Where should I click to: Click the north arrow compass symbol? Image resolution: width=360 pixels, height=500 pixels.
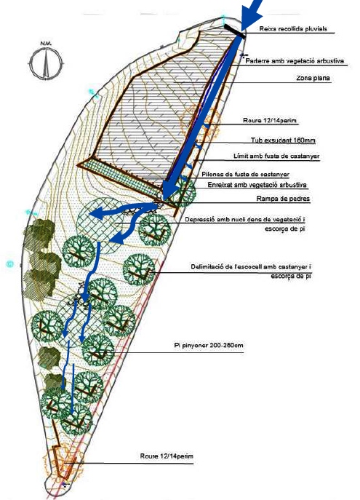pyautogui.click(x=47, y=63)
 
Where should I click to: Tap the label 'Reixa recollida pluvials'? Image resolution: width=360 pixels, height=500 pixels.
pyautogui.click(x=293, y=28)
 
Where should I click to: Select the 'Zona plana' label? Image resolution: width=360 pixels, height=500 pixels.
pyautogui.click(x=313, y=78)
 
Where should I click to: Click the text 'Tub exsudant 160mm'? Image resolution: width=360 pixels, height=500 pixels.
pyautogui.click(x=283, y=140)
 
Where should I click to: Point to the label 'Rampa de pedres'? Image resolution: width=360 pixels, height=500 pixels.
pyautogui.click(x=283, y=199)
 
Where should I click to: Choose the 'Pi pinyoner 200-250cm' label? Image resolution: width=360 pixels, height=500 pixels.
pyautogui.click(x=209, y=346)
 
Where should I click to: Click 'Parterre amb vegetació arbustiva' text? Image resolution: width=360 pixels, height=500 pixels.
pyautogui.click(x=295, y=61)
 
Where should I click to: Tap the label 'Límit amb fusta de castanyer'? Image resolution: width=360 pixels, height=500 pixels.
pyautogui.click(x=276, y=156)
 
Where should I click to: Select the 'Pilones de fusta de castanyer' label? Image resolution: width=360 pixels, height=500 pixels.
pyautogui.click(x=245, y=175)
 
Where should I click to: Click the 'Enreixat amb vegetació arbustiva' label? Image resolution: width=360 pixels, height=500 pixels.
pyautogui.click(x=257, y=185)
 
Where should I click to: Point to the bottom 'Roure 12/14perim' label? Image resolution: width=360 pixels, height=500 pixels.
pyautogui.click(x=167, y=456)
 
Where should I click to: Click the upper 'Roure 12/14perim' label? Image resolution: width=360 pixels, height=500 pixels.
pyautogui.click(x=270, y=121)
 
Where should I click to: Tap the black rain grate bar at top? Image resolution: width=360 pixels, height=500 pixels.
pyautogui.click(x=235, y=31)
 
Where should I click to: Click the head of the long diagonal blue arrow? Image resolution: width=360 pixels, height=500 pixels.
pyautogui.click(x=169, y=193)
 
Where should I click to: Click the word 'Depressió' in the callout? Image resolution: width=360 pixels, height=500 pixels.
pyautogui.click(x=199, y=220)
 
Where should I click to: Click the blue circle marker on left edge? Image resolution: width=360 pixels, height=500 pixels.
pyautogui.click(x=10, y=264)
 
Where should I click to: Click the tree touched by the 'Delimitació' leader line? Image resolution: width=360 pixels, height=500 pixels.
pyautogui.click(x=139, y=269)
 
